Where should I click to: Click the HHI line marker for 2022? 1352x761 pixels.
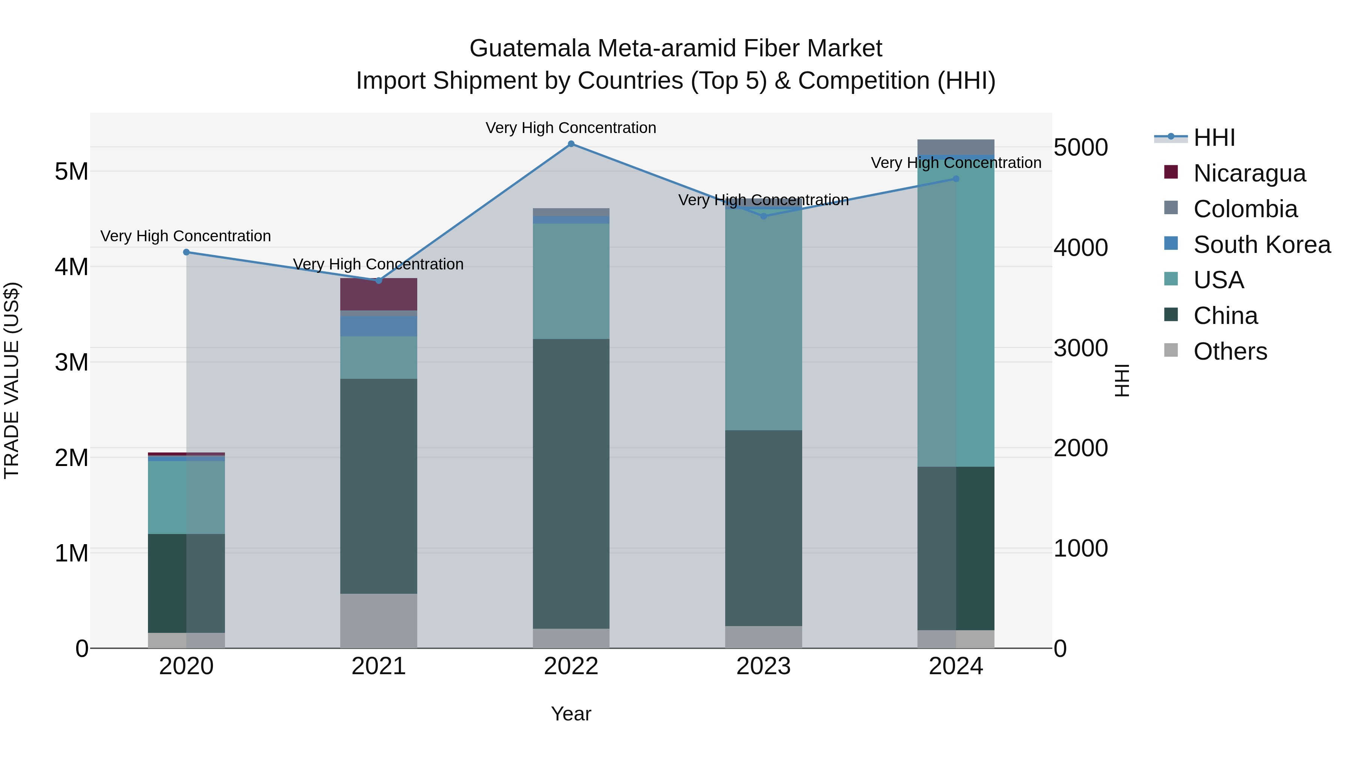pos(571,144)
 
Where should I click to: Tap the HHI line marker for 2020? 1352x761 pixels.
pos(186,252)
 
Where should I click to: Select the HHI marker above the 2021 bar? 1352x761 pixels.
pos(379,280)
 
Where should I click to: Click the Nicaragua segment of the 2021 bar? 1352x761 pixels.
pos(379,294)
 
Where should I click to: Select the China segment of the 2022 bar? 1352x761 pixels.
pos(571,483)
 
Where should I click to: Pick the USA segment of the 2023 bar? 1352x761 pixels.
pos(764,320)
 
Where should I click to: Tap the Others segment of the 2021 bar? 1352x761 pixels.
pos(379,621)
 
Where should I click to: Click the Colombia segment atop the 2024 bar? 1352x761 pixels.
pos(956,147)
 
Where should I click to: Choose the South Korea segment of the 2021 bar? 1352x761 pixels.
pos(379,326)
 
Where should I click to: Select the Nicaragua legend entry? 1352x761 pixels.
pos(1249,173)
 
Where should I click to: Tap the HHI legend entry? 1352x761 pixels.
pos(1213,138)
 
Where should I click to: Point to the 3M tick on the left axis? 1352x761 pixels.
pos(72,362)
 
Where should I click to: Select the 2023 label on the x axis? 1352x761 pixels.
pos(764,666)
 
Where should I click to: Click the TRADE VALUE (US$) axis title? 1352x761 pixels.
pos(12,380)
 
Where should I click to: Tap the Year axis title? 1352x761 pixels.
pos(571,714)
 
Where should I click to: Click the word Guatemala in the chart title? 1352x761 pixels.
pos(530,48)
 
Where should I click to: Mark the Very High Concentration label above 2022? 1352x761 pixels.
pos(571,128)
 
